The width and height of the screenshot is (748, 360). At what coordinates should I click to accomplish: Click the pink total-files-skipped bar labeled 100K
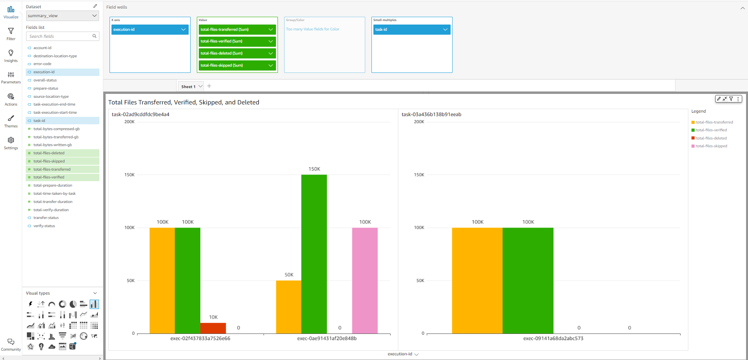tap(364, 280)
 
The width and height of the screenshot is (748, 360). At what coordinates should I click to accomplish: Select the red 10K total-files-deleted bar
tap(213, 328)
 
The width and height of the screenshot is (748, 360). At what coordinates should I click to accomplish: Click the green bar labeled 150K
tap(314, 253)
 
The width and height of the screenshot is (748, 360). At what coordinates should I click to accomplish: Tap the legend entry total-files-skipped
tap(711, 146)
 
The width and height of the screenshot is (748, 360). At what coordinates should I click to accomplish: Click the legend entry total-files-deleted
tap(711, 138)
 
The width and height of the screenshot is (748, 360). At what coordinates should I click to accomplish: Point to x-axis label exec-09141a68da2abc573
tap(553, 339)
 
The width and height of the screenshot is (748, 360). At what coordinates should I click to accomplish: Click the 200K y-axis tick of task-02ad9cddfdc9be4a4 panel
tap(129, 122)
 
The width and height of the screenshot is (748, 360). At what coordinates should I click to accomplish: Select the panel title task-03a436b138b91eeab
tap(431, 115)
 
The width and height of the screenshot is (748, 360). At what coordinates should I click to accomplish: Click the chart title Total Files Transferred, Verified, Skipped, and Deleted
tap(184, 102)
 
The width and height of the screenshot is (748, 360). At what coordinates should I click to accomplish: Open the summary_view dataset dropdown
tap(62, 16)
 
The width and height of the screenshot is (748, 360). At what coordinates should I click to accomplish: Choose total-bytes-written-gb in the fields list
tap(53, 145)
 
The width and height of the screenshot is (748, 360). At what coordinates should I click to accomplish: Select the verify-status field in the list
tap(44, 226)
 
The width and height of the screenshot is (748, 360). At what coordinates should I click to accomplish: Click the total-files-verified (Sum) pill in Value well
tap(234, 41)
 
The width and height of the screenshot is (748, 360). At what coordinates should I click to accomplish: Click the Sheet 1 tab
tap(188, 86)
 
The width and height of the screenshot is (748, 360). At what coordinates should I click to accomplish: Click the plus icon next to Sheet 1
tap(209, 86)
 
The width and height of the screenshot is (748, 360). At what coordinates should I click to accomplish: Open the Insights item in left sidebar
tap(11, 56)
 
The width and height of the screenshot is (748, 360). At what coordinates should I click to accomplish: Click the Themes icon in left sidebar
tap(11, 121)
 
